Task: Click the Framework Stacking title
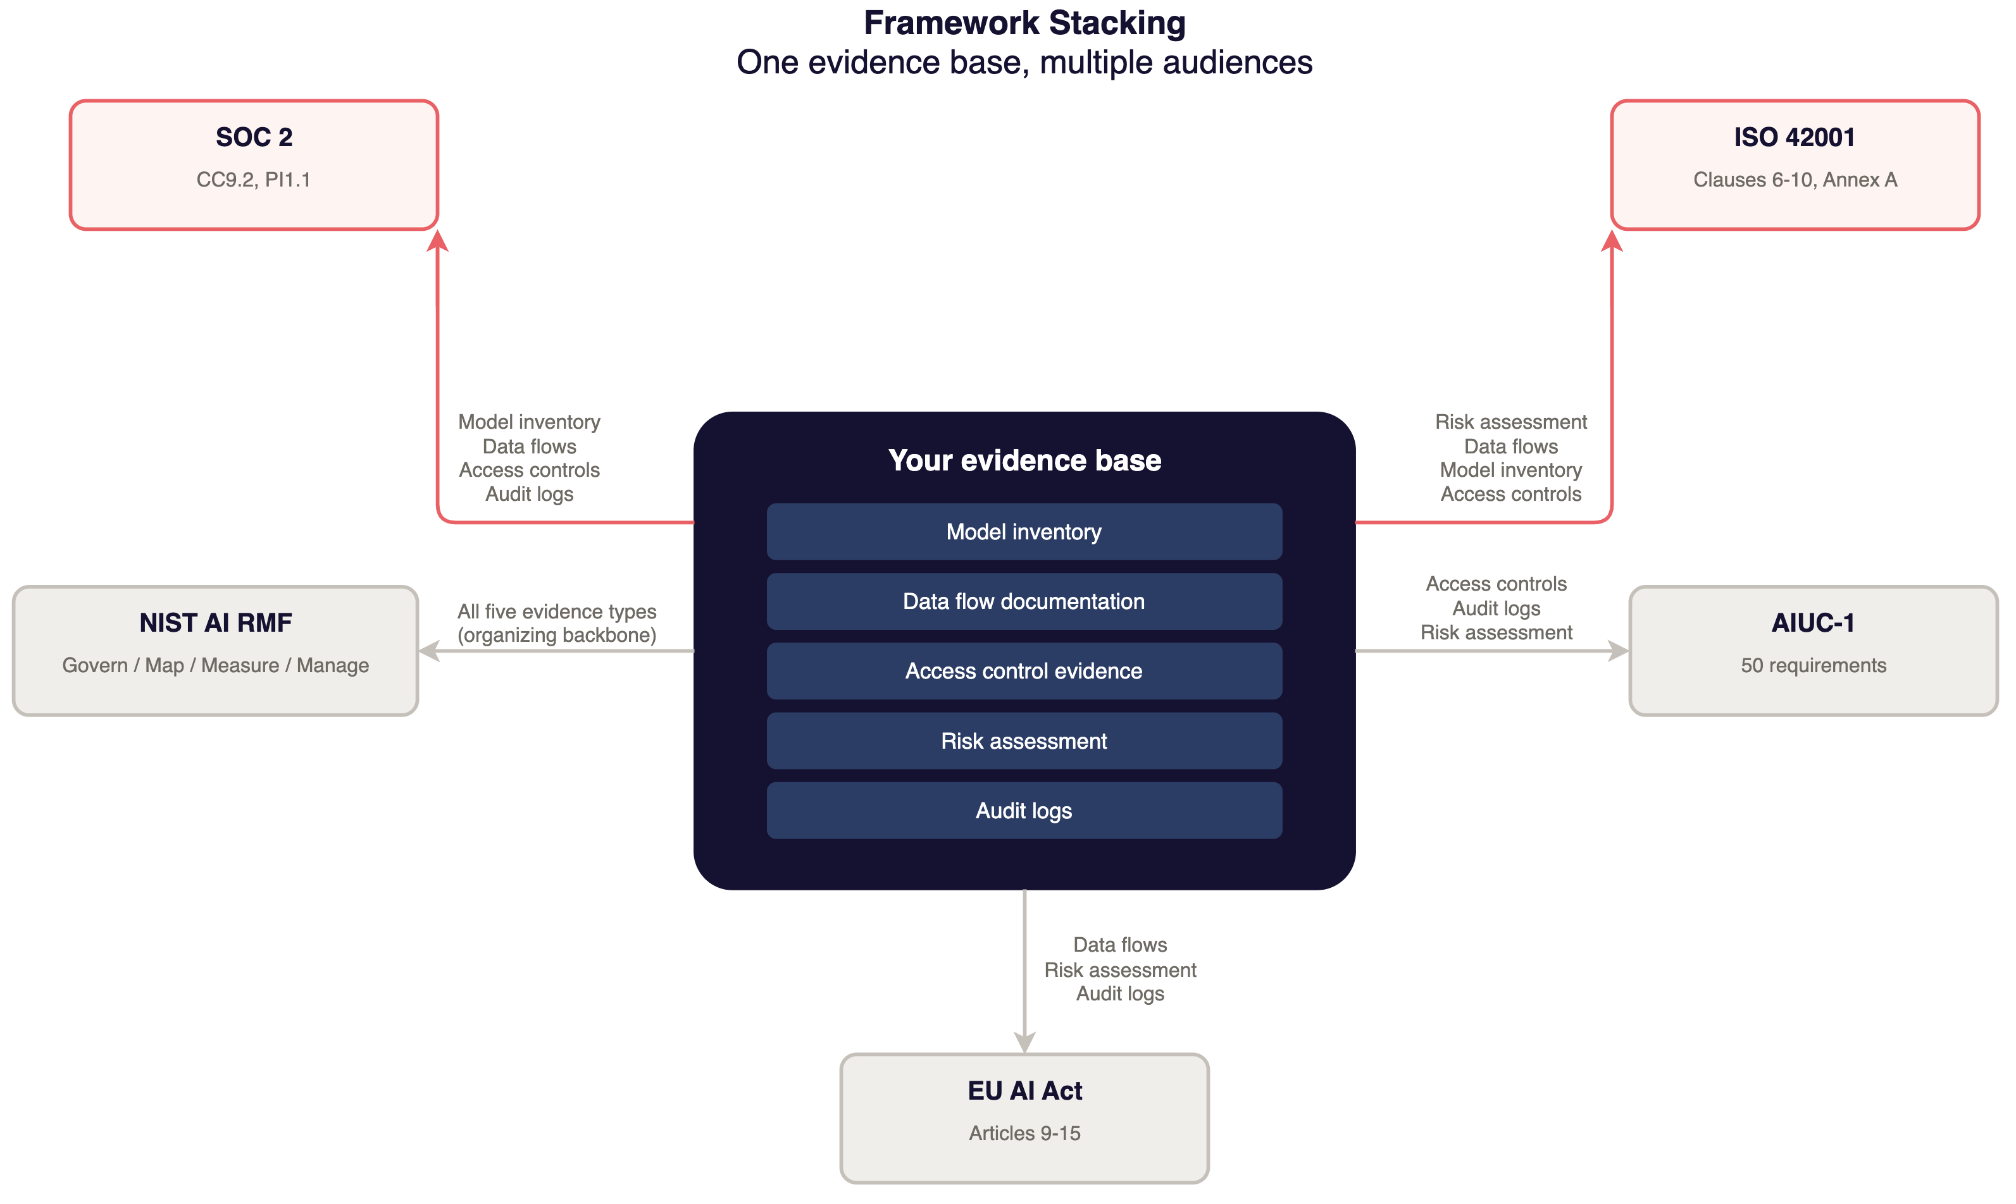pos(1024,23)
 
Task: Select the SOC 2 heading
pos(254,137)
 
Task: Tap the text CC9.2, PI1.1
pos(253,180)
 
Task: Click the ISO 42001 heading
pos(1795,137)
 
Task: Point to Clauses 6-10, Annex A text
pos(1795,180)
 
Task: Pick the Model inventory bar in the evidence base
pos(1024,531)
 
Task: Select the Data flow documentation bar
pos(1024,601)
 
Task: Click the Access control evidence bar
pos(1024,671)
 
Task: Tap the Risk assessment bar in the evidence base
pos(1024,740)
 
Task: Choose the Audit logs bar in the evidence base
pos(1024,811)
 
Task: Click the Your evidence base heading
pos(1024,460)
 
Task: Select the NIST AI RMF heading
pos(215,622)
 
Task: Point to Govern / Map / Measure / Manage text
pos(215,665)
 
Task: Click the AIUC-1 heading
pos(1813,622)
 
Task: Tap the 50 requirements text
pos(1813,665)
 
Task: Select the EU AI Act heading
pos(1024,1090)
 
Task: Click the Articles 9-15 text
pos(1024,1133)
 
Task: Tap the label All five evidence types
pos(557,611)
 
